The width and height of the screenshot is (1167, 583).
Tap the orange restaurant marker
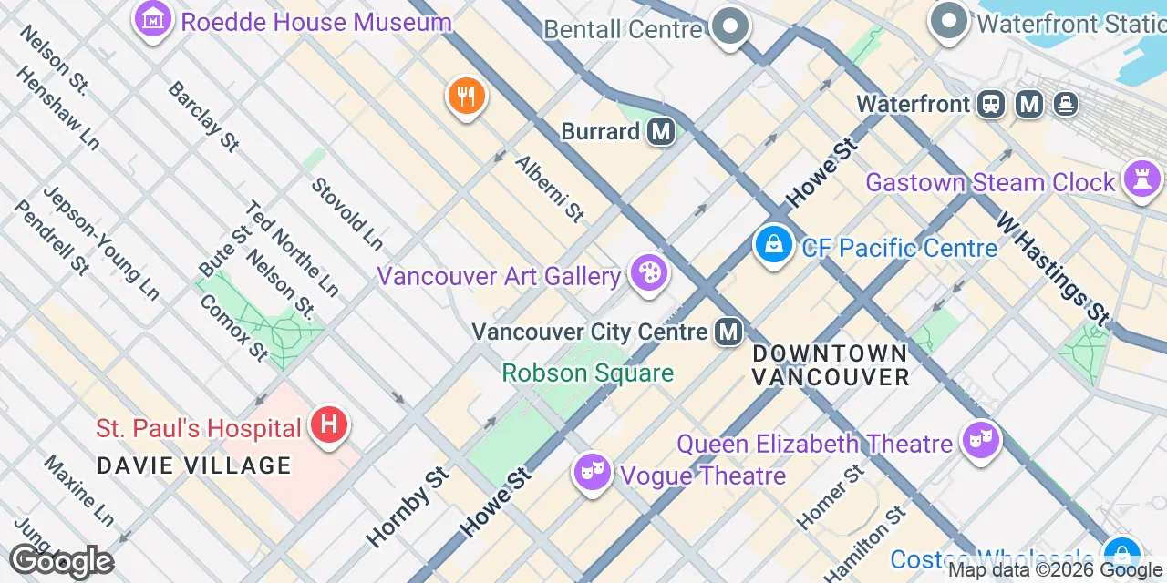click(x=466, y=95)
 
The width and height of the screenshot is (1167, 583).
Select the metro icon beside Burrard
click(x=661, y=132)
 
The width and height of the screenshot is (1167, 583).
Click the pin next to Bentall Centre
click(x=729, y=26)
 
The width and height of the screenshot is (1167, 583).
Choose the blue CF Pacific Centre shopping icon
click(x=773, y=244)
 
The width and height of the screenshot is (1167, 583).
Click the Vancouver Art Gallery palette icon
click(x=649, y=273)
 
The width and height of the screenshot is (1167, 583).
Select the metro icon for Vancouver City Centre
click(x=728, y=332)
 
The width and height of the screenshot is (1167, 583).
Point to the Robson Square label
click(x=588, y=373)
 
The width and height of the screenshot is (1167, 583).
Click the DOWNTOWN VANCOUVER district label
click(x=831, y=364)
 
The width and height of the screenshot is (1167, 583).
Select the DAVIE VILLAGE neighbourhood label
click(x=194, y=465)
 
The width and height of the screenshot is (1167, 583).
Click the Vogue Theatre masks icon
click(x=593, y=471)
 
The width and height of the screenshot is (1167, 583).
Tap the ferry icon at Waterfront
click(x=1064, y=105)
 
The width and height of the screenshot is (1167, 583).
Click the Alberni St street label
click(x=550, y=189)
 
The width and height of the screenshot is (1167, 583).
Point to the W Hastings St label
click(x=1054, y=269)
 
